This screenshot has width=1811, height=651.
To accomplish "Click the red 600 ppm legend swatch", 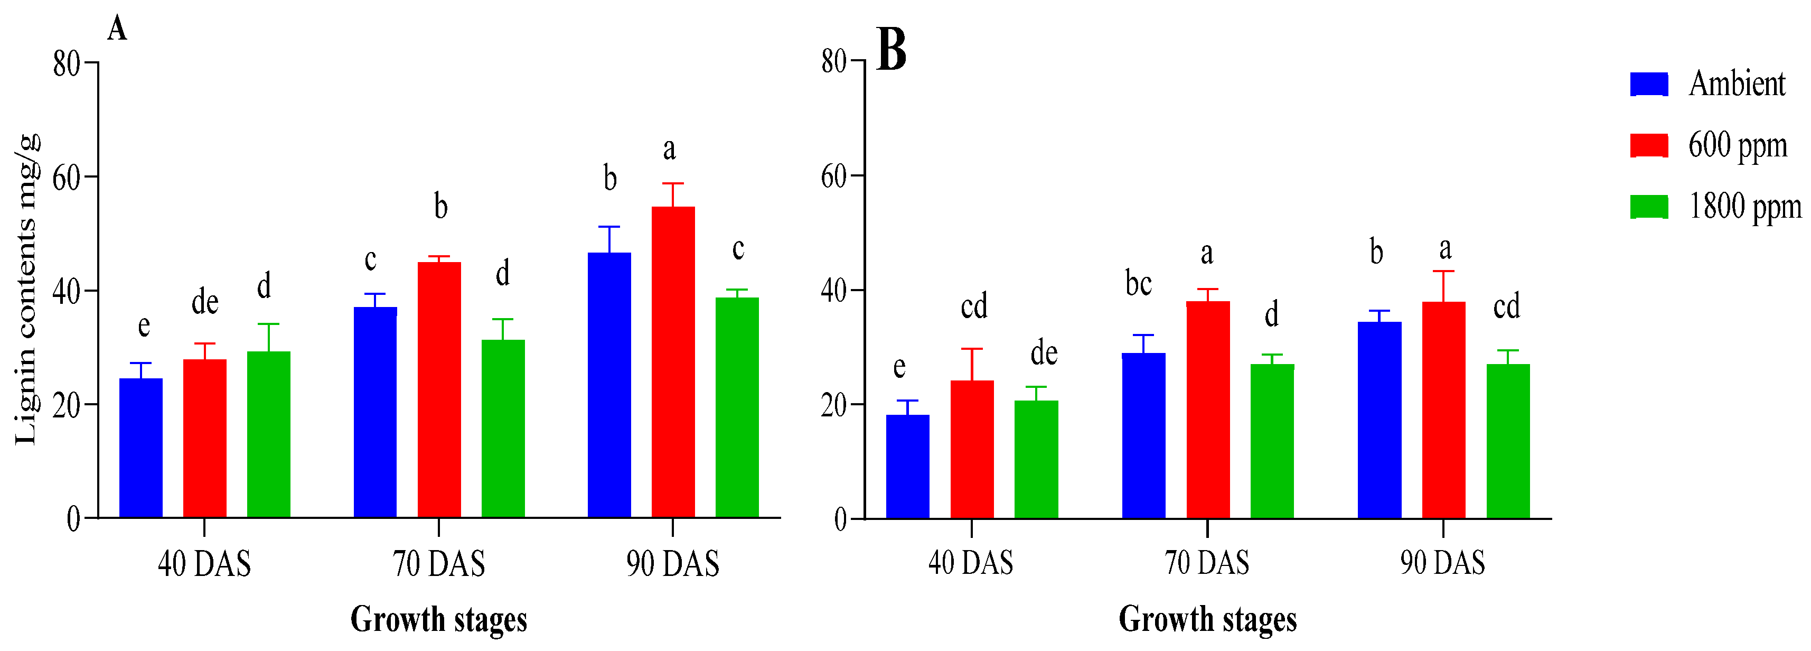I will [1649, 145].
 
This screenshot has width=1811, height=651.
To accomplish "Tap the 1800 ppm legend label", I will [1744, 207].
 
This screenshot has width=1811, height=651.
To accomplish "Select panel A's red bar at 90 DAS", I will [673, 362].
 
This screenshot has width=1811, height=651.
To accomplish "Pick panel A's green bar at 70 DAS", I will [503, 429].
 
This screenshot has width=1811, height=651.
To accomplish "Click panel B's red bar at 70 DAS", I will [1208, 410].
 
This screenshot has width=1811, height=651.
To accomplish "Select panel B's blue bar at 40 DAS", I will [907, 466].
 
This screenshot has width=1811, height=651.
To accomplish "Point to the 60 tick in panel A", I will [67, 177].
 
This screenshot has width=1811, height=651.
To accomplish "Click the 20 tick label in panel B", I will [834, 405].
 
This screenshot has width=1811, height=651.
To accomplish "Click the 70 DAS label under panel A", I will [439, 564].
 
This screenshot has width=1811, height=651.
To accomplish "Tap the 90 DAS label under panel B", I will [1442, 562].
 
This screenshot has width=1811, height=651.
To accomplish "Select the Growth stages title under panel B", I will [1207, 619].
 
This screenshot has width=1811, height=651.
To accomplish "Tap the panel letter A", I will [117, 30].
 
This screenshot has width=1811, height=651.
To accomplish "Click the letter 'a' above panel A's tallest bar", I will [669, 149].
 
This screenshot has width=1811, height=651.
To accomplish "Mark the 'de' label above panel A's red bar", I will [204, 302].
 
